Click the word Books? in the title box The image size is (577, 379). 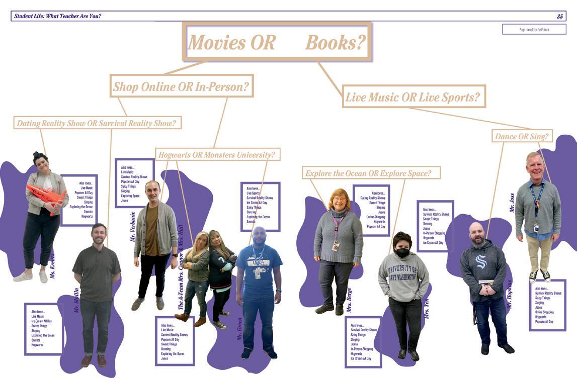point(335,43)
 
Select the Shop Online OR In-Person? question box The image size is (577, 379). point(181,86)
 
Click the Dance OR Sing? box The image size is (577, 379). point(521,136)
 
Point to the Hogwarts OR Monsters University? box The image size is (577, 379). point(217,154)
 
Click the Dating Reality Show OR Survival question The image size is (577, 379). point(99,123)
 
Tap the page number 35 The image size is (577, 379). point(559,17)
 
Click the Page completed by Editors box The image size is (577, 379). point(534,30)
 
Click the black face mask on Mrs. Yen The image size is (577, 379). point(402,253)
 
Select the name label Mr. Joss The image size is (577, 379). point(513,201)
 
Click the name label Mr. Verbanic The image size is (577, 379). point(133,226)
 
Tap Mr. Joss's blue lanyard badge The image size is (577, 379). point(536,228)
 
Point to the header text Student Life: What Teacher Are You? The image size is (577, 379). point(58,17)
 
